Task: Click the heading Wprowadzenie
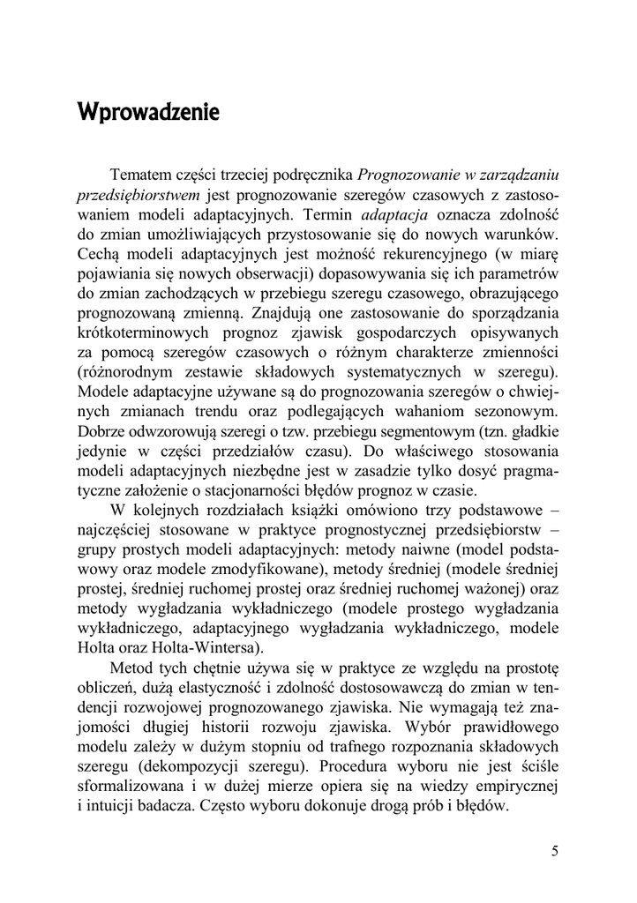(x=147, y=114)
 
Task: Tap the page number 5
(x=554, y=851)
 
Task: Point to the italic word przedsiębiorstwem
(x=136, y=194)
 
